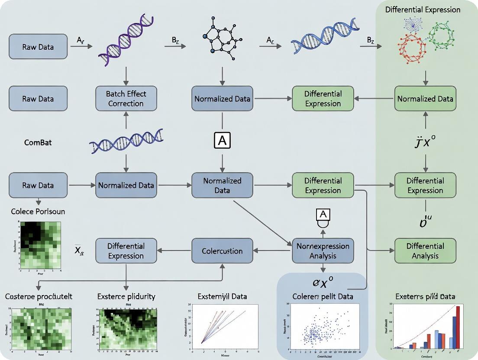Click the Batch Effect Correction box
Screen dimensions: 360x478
[126, 99]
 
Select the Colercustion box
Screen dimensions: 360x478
[222, 251]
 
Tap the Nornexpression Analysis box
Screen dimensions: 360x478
[323, 251]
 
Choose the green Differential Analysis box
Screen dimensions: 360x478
[425, 251]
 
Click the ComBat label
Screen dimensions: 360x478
[38, 142]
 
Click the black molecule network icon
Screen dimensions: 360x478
[222, 40]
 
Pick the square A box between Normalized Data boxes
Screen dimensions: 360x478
[222, 141]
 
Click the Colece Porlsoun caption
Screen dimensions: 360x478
[38, 212]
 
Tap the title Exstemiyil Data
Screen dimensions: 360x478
[222, 296]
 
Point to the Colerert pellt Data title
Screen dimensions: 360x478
[323, 296]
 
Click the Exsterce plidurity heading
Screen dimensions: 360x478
[126, 296]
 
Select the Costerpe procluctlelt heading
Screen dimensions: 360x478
[39, 296]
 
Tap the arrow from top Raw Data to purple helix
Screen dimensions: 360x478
[81, 46]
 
